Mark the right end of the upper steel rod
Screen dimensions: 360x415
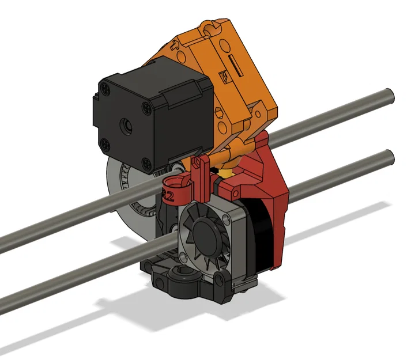(x=388, y=94)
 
